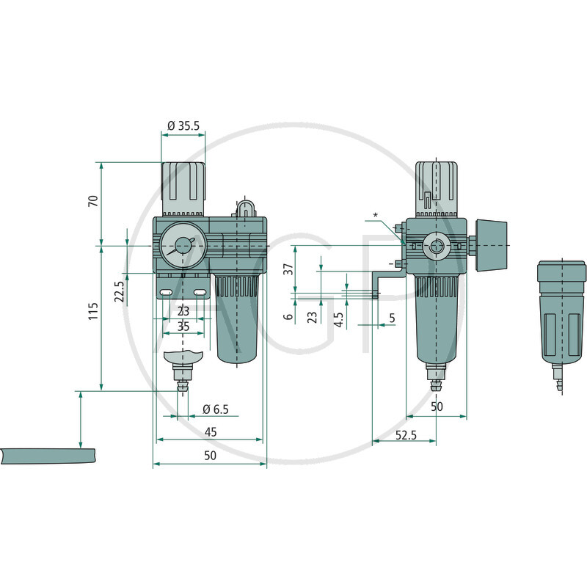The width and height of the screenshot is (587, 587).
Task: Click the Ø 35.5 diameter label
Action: point(183,126)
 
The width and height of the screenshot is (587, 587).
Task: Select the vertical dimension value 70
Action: point(92,200)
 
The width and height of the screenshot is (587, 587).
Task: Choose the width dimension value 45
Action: point(210,432)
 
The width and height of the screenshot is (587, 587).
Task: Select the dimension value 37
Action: point(288,269)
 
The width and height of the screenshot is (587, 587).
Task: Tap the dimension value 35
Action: point(183,326)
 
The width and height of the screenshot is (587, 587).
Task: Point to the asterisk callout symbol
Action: point(376,215)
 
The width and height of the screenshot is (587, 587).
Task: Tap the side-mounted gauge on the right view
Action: point(489,244)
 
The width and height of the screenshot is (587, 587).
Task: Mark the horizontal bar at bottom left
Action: point(48,456)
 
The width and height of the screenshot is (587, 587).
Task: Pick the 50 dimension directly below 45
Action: point(210,456)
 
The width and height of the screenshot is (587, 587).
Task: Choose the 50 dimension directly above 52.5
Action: point(437,406)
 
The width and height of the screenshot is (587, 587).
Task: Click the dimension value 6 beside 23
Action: point(288,317)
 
